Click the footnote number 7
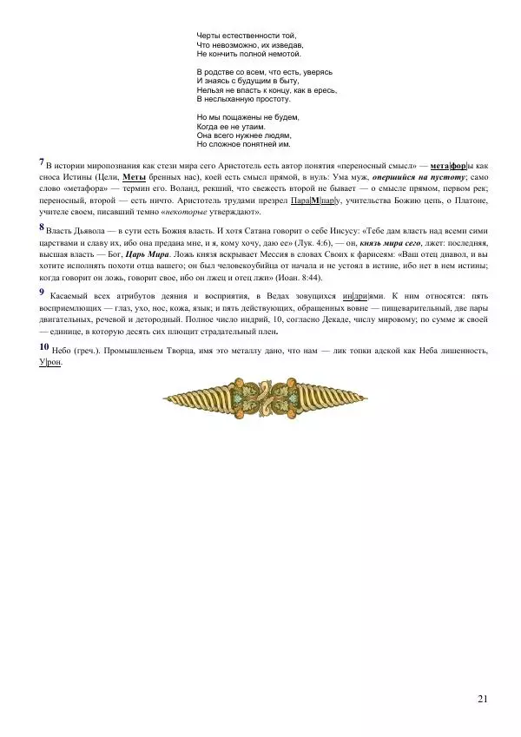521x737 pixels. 42,161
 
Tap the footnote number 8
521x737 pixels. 42,227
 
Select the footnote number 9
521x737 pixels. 42,292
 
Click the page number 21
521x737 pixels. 483,699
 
